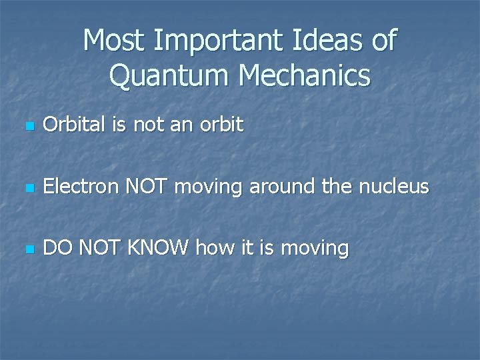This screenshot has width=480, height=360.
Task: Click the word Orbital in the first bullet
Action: (x=71, y=125)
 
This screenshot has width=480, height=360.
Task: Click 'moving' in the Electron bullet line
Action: (x=208, y=187)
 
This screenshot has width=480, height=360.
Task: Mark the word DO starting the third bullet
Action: (x=57, y=248)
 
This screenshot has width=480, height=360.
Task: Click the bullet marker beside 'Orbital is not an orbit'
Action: (x=26, y=126)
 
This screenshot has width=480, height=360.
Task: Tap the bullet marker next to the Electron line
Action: (x=26, y=188)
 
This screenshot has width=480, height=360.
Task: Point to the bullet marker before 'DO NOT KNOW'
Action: (x=26, y=249)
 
